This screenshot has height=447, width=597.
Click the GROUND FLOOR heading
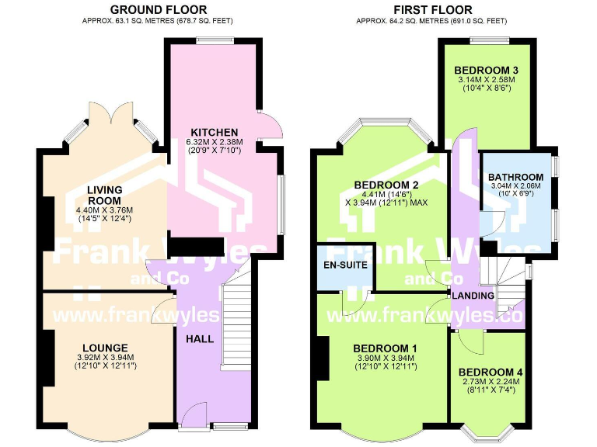point(159,9)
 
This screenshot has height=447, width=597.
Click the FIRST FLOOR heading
point(432,9)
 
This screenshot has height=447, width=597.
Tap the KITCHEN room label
point(215,132)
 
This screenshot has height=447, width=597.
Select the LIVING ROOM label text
point(105,195)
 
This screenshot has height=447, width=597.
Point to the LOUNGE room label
point(105,348)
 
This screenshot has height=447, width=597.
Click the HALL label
point(200,339)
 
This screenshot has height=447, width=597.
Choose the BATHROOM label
point(516,177)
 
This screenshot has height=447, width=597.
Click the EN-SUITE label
point(345,265)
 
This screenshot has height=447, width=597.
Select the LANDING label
point(473,296)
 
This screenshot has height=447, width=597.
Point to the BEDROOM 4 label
point(491,372)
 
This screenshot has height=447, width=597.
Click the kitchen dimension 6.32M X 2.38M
point(215,142)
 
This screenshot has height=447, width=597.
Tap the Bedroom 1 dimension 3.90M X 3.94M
point(386,358)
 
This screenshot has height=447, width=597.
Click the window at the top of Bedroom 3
point(489,40)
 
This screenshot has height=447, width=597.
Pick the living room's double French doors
point(111,113)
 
